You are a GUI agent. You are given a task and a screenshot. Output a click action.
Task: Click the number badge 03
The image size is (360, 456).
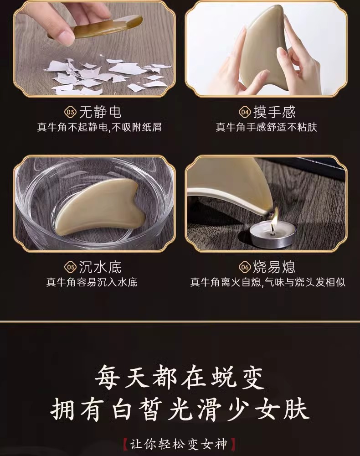coord(70,112)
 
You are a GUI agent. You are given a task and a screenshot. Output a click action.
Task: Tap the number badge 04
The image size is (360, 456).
coord(245,112)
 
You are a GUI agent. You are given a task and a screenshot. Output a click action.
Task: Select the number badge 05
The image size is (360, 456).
coord(70,267)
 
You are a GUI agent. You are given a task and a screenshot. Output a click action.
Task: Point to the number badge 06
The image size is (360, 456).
coord(245,267)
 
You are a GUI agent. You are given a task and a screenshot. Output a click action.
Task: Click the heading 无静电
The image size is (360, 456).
coord(100,112)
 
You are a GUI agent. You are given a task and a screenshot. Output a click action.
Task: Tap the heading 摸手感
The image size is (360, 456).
coord(275,112)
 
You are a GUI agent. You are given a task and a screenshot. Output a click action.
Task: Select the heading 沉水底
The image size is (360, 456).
coord(100,267)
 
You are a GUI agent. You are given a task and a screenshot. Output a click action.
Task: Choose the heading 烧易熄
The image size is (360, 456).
coord(275,267)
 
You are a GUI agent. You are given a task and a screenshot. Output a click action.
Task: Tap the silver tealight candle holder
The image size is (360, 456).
coord(273,236)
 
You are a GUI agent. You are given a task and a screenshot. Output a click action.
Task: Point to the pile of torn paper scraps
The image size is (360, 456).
coord(107,75)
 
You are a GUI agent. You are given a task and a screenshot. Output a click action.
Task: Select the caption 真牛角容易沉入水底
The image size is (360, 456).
coord(92,282)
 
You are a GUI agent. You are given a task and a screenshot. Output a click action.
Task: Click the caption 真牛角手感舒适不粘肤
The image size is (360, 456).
coord(267,127)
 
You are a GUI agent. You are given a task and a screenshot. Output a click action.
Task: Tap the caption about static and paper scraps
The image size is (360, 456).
coord(99,127)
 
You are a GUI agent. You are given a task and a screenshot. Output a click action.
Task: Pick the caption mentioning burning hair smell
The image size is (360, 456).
coord(268,282)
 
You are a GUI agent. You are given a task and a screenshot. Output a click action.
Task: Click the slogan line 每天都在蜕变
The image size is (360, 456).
coord(180,378)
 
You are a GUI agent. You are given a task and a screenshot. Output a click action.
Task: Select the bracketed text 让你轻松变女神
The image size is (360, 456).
coord(178,444)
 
